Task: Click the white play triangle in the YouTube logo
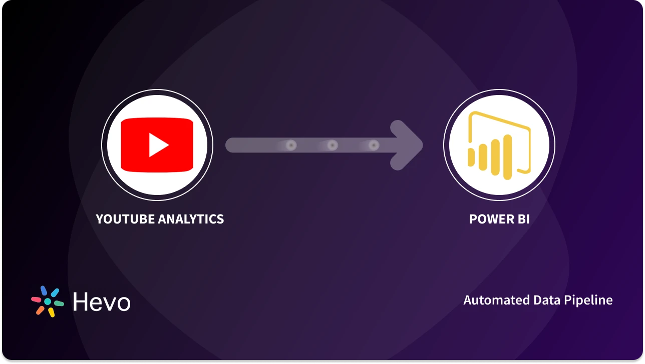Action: pyautogui.click(x=158, y=145)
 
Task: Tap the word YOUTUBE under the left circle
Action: pyautogui.click(x=125, y=219)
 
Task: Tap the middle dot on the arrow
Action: pyautogui.click(x=332, y=145)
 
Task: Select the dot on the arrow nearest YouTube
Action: pyautogui.click(x=291, y=145)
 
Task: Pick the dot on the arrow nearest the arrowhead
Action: pyautogui.click(x=373, y=145)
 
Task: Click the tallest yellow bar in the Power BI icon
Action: pyautogui.click(x=508, y=155)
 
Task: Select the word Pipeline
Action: pyautogui.click(x=589, y=300)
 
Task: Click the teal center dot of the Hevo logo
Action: pyautogui.click(x=48, y=302)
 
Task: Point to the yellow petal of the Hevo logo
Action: pyautogui.click(x=51, y=312)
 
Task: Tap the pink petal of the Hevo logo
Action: pyautogui.click(x=36, y=299)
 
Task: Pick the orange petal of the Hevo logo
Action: pyautogui.click(x=40, y=310)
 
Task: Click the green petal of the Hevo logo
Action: pyautogui.click(x=59, y=303)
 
